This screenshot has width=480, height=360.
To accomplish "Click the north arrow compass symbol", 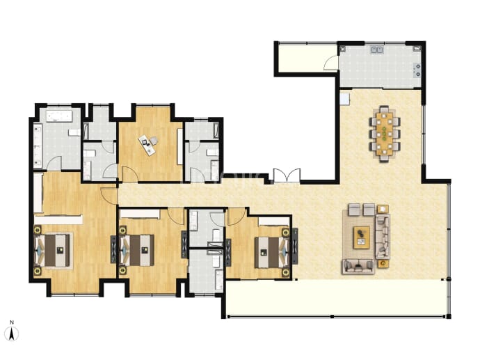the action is tap(12, 334).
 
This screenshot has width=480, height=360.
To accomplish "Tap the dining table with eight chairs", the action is tap(385, 133).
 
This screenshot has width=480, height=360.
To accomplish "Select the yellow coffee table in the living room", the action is tap(361, 237).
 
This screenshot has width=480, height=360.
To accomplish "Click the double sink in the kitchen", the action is tap(377, 49).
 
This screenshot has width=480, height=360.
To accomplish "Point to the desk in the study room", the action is tap(148, 144).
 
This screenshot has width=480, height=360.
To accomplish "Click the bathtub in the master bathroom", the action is tap(59, 116).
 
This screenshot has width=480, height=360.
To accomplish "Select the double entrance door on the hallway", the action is tap(287, 176).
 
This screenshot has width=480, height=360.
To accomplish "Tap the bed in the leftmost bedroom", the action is tap(53, 250).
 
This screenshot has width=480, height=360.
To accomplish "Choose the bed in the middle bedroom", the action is tap(137, 250).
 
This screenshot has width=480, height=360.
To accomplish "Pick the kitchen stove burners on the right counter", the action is tap(417, 70).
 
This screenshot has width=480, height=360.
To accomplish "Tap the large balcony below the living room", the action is tap(336, 298).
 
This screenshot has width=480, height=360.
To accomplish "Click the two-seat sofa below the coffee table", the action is tap(358, 266).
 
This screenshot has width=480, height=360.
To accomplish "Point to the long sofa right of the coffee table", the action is tap(383, 236).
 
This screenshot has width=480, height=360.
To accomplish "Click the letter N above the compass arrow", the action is tap(12, 322).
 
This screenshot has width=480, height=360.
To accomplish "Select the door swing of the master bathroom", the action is tap(54, 163).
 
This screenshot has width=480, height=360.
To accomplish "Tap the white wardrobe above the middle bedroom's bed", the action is tap(140, 214).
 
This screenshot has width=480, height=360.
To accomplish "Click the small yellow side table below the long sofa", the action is tap(383, 264).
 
